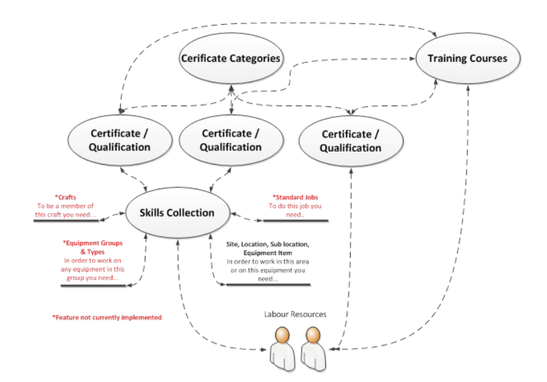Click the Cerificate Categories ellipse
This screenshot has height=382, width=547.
[231, 59]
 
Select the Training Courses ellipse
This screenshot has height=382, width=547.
[467, 58]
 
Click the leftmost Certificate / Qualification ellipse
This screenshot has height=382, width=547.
[120, 140]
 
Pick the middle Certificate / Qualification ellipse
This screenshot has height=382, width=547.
[231, 140]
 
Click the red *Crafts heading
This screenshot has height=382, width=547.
[67, 198]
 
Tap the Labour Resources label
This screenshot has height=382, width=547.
[295, 314]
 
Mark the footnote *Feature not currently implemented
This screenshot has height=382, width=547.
[107, 318]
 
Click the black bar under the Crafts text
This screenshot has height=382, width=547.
[65, 222]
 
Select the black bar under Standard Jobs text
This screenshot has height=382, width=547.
[296, 222]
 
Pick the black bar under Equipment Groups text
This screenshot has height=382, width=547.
[93, 285]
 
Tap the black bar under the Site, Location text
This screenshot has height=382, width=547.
[268, 285]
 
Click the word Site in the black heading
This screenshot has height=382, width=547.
[234, 245]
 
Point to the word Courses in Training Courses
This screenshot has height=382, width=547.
[487, 58]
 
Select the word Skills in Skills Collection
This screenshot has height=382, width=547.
[156, 213]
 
